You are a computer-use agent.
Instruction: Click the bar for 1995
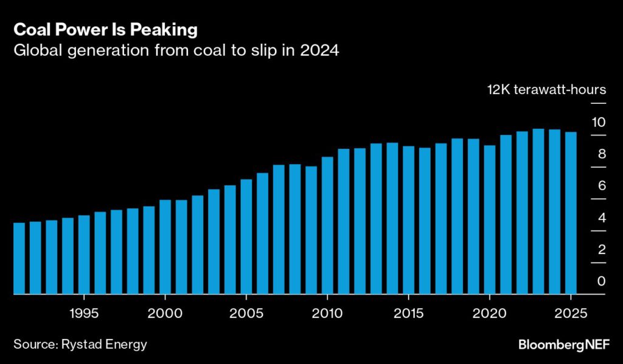84,255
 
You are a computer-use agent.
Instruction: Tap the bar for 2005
246,236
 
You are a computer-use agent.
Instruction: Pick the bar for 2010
327,225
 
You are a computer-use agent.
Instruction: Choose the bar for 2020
490,219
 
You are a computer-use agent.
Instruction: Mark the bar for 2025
571,213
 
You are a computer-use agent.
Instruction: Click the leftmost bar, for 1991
19,258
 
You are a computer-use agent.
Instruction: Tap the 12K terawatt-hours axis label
546,90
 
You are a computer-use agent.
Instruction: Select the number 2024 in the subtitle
320,51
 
